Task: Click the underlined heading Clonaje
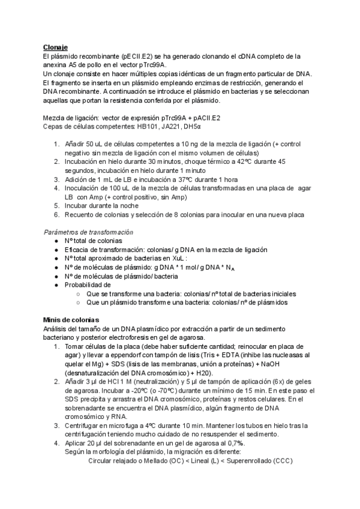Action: click(x=55, y=47)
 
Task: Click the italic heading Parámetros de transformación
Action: click(x=89, y=232)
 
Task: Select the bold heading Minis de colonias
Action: click(x=71, y=319)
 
